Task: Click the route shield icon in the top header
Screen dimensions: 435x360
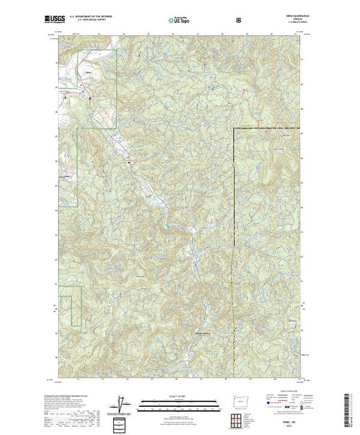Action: (x=239, y=21)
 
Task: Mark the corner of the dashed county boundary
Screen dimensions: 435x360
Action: (x=234, y=128)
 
